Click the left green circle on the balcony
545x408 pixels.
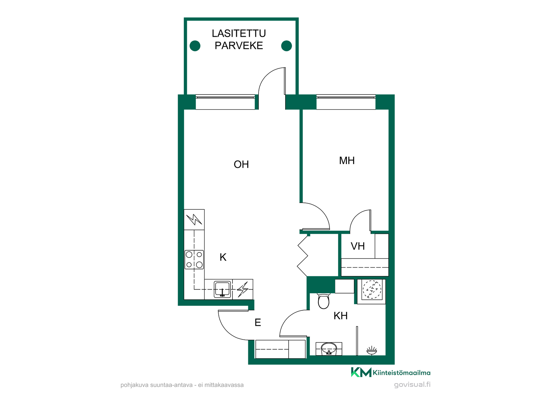click(x=195, y=46)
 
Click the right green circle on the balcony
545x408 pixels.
click(x=286, y=46)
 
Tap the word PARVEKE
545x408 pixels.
click(x=239, y=46)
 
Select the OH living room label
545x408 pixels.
click(x=241, y=164)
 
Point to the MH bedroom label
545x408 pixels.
click(x=347, y=161)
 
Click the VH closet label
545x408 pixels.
click(x=358, y=246)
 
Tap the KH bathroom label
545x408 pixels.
click(x=340, y=316)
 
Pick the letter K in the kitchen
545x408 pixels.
click(x=223, y=257)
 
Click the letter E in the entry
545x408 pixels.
click(x=258, y=322)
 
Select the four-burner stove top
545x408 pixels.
click(x=194, y=260)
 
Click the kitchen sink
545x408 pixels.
click(x=222, y=289)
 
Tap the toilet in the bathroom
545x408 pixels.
click(x=324, y=301)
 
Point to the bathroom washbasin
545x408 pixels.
click(x=329, y=349)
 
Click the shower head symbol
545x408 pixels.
click(x=372, y=350)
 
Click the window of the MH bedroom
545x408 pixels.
click(x=346, y=102)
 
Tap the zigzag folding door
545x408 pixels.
click(x=303, y=256)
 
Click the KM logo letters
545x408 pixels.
click(x=361, y=372)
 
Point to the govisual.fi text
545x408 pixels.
click(x=412, y=384)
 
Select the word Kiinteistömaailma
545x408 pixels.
click(x=402, y=373)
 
